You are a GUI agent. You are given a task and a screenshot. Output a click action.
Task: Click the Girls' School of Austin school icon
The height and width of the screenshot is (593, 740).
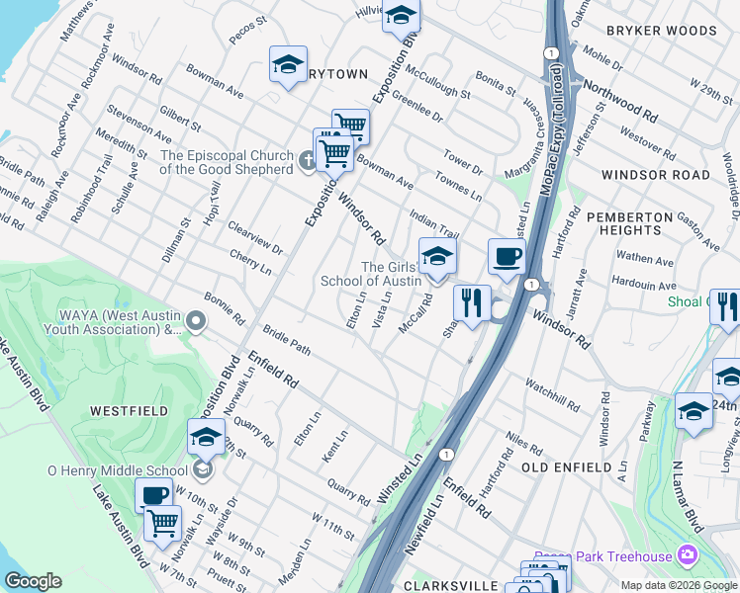click(437, 258)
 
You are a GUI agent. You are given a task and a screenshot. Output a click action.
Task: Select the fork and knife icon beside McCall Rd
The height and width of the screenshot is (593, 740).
click(472, 303)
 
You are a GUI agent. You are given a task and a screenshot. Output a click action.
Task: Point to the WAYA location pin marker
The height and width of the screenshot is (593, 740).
click(196, 320)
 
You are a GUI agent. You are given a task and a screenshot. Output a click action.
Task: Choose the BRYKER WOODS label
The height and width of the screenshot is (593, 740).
click(661, 31)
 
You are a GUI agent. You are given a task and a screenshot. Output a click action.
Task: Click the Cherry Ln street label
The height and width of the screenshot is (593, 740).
click(249, 262)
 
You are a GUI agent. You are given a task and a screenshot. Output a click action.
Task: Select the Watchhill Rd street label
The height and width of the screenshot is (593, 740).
click(554, 395)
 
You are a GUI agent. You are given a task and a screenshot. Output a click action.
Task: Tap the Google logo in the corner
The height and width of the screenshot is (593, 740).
click(33, 581)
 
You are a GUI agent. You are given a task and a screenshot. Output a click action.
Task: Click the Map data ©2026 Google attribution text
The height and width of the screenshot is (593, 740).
click(679, 585)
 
